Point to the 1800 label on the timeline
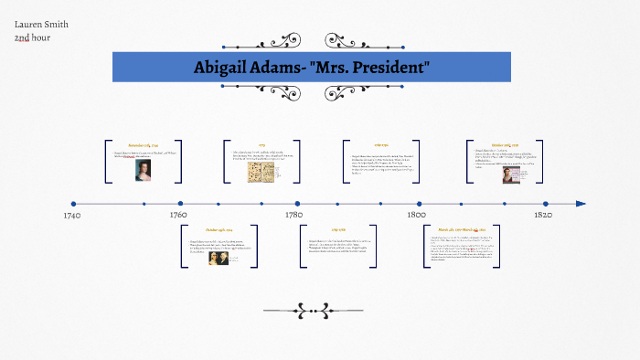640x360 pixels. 415,215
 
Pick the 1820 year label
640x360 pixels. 542,215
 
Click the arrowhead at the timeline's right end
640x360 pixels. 581,204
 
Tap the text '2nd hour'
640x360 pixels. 32,37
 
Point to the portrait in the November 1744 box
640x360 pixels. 144,171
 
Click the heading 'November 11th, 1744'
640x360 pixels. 144,145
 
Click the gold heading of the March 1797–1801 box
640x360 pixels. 462,230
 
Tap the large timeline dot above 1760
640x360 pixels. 180,204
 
